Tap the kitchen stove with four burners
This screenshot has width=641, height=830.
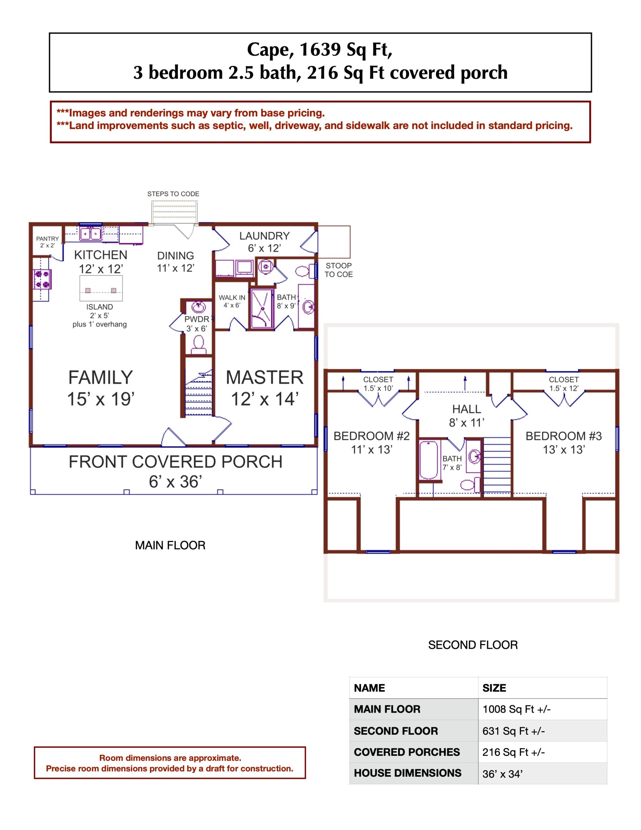pos(42,279)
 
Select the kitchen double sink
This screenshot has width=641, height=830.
pos(90,233)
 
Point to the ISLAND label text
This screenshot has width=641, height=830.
pos(99,307)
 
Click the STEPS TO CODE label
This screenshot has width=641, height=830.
pos(173,194)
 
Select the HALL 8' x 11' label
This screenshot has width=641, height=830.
pos(467,416)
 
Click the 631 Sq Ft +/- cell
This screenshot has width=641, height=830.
pos(513,731)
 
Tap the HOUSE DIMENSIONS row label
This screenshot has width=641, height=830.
pos(407,773)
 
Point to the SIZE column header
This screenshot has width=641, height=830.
pos(494,688)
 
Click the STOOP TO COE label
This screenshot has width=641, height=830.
pos(339,270)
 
